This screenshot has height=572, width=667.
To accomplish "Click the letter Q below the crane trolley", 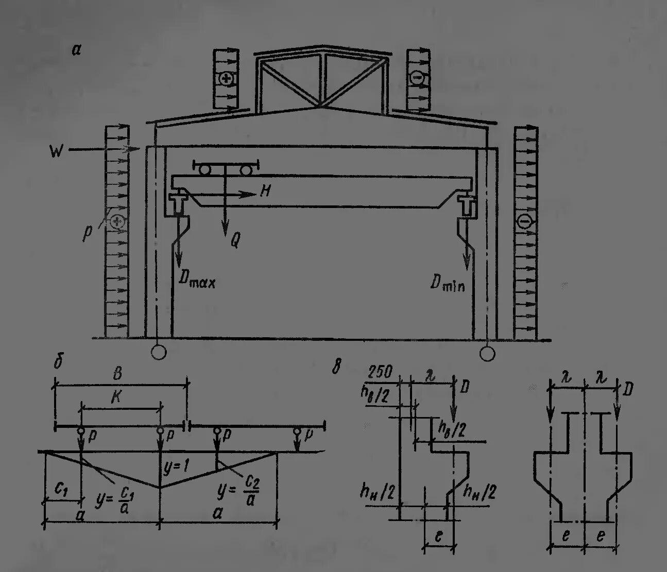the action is pos(234,240).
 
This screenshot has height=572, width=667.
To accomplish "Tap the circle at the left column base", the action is pos(159,352).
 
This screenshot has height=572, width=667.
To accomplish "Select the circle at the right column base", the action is pos(487,353).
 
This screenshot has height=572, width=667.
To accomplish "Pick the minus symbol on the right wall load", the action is pos(525,221).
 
